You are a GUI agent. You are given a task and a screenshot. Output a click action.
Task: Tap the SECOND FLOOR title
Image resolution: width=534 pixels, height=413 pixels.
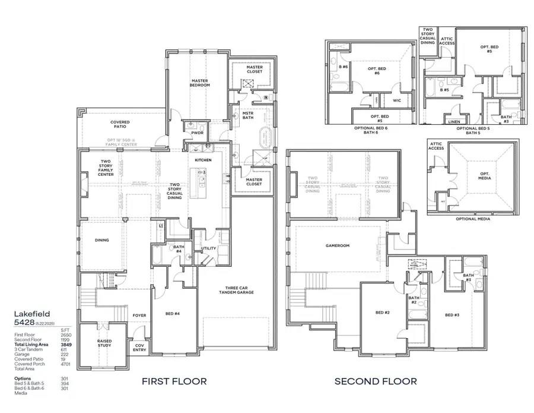coord(375,381)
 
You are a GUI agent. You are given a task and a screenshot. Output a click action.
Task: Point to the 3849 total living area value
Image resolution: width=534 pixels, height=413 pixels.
coord(66,345)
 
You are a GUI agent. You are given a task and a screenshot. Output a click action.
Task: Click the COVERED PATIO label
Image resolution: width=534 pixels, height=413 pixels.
coord(120,124)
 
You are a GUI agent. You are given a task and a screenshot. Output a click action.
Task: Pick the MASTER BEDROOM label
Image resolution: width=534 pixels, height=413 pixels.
coord(200,83)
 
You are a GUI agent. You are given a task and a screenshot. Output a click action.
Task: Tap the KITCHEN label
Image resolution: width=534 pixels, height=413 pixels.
coord(204,160)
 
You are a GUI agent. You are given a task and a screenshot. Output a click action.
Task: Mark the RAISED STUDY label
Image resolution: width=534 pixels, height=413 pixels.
coord(104,343)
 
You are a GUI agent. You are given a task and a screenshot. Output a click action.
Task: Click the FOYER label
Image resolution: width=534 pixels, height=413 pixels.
coord(139,316)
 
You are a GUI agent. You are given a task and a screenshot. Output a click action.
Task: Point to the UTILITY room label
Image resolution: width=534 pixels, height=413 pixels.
coord(208,248)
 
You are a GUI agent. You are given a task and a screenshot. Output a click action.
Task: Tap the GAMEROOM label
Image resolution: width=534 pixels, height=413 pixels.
coord(336,245)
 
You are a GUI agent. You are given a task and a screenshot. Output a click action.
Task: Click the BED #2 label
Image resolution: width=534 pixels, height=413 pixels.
coord(383,313)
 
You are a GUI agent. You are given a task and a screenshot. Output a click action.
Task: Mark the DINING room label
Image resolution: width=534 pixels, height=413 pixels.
coord(103,241)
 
